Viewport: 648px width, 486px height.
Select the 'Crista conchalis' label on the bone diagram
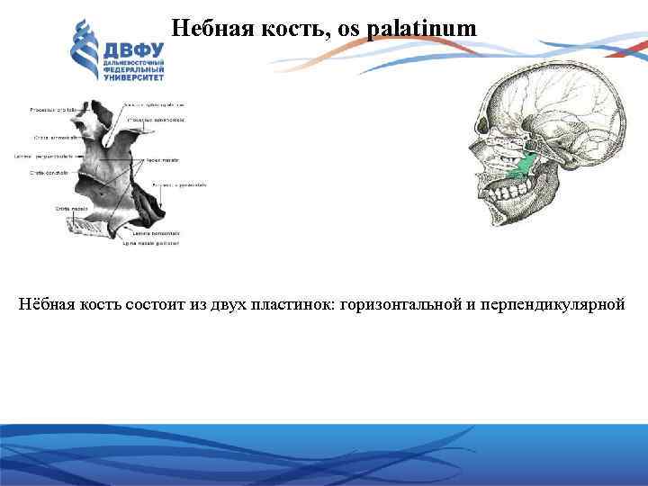(50, 171)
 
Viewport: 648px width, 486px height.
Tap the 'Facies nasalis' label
(163, 160)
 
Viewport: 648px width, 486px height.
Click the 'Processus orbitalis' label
(53, 110)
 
